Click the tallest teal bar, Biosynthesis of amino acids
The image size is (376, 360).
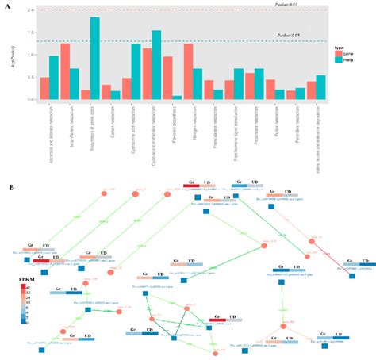click(95, 59)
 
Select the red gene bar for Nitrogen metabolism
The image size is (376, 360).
click(189, 71)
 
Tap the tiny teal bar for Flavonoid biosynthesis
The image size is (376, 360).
click(177, 97)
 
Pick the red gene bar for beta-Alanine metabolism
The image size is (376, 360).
click(65, 71)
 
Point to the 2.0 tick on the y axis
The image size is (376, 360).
click(30, 10)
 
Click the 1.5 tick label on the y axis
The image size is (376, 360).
click(30, 33)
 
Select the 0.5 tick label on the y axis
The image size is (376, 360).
click(30, 77)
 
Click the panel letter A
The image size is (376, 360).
click(8, 6)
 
